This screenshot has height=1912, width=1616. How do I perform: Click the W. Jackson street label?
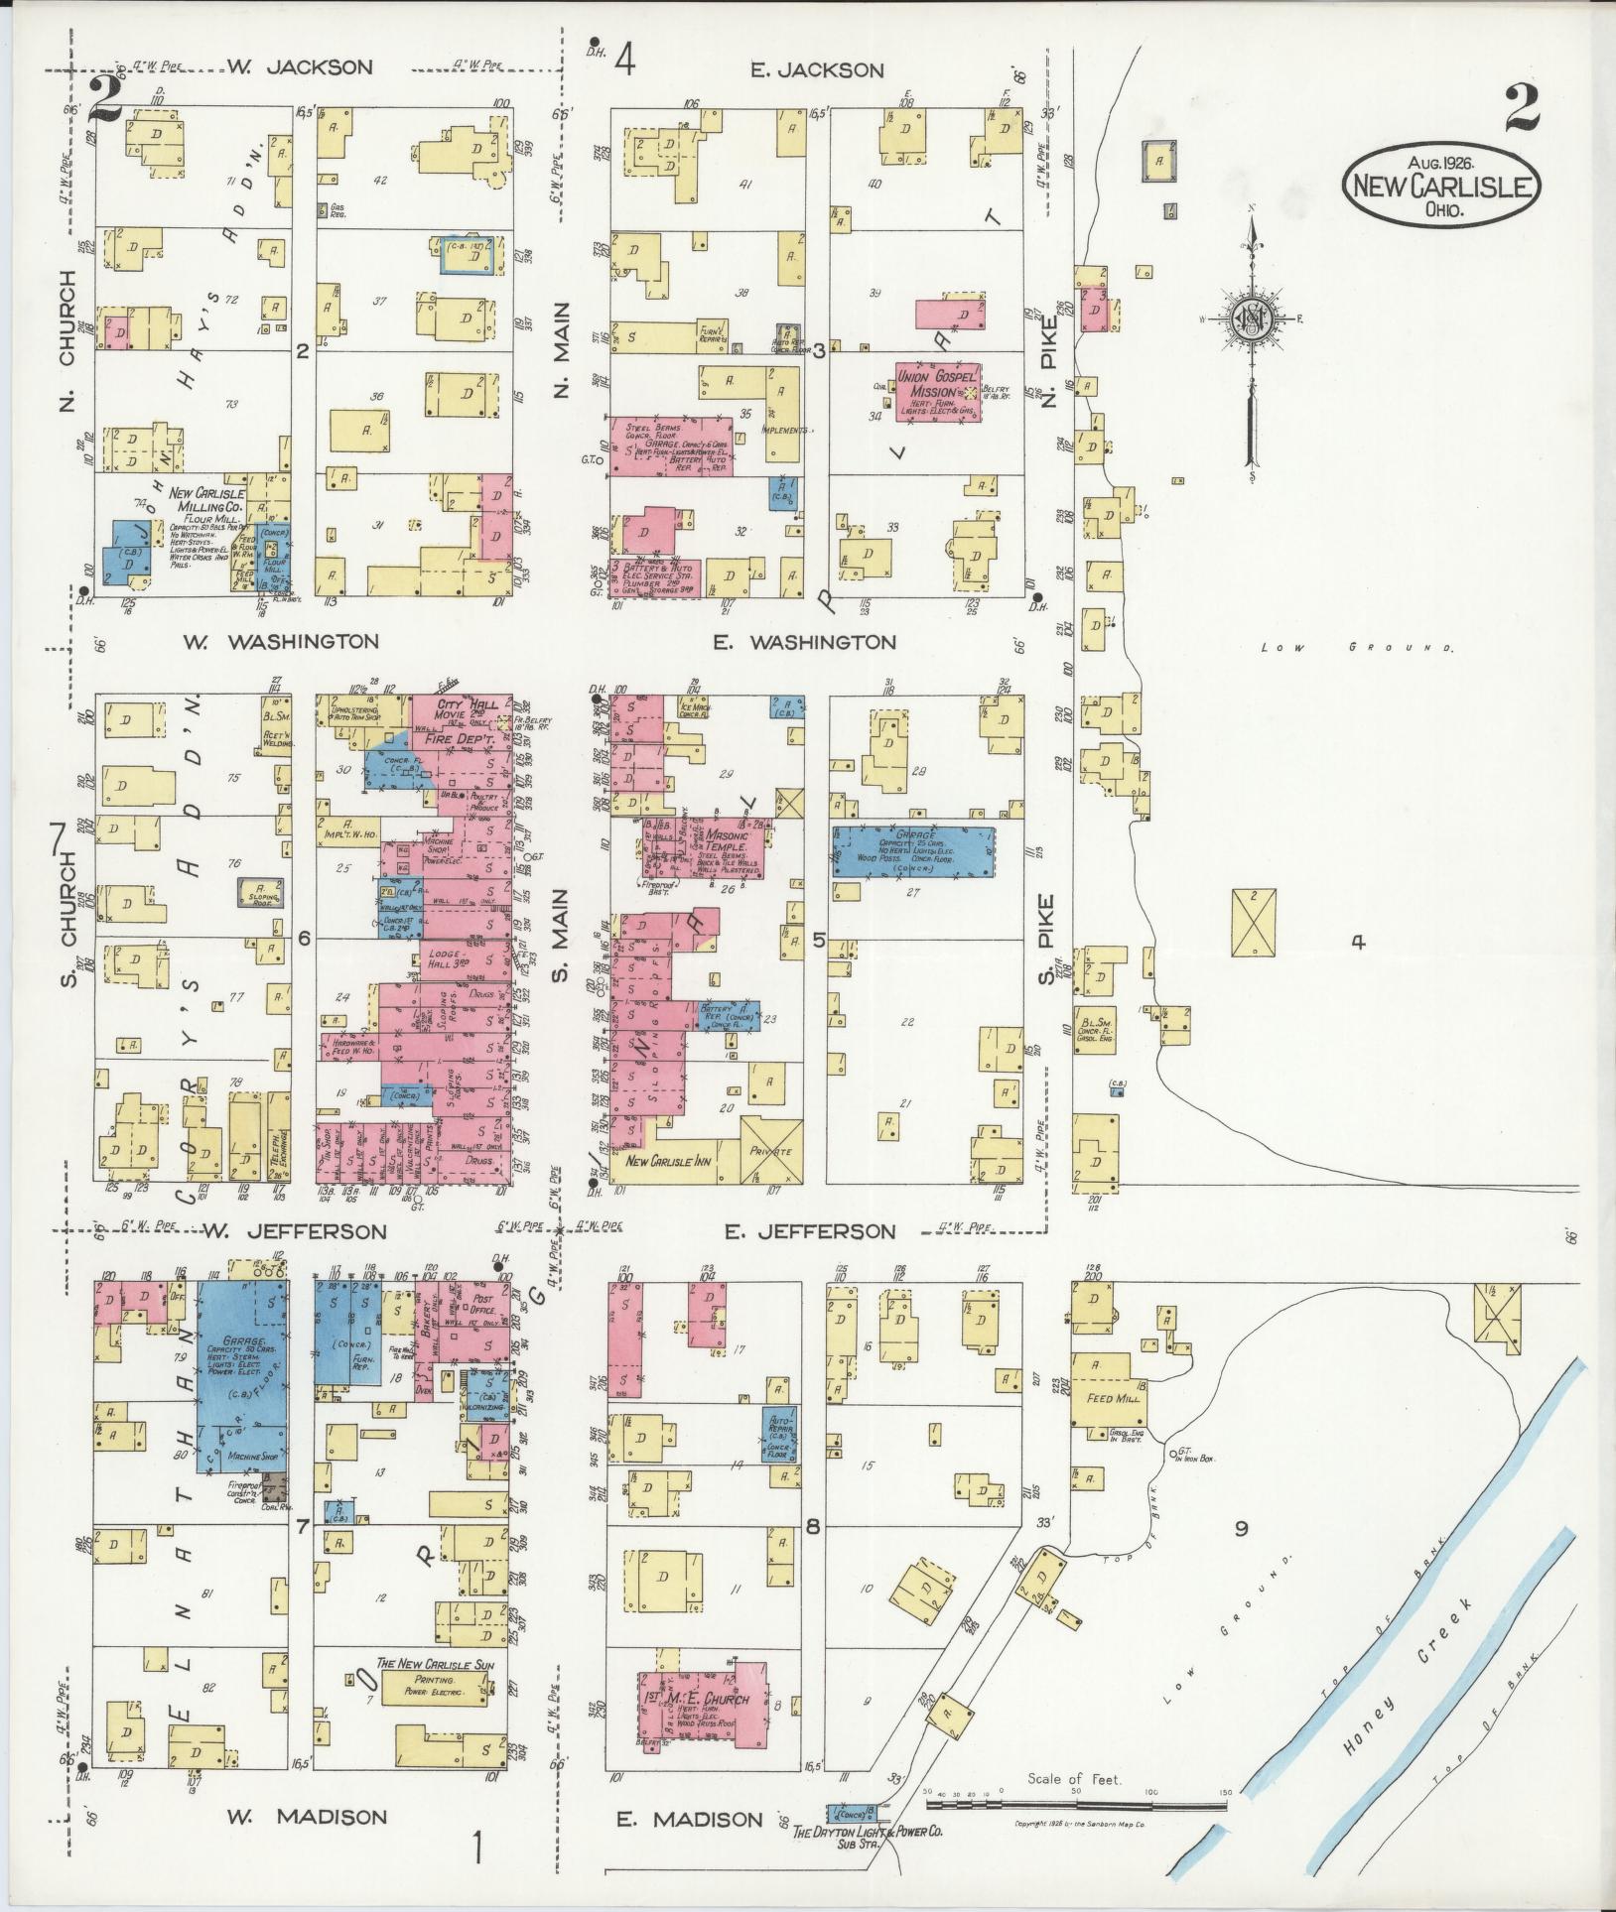[x=299, y=67]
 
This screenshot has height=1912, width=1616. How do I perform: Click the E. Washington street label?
[x=804, y=643]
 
